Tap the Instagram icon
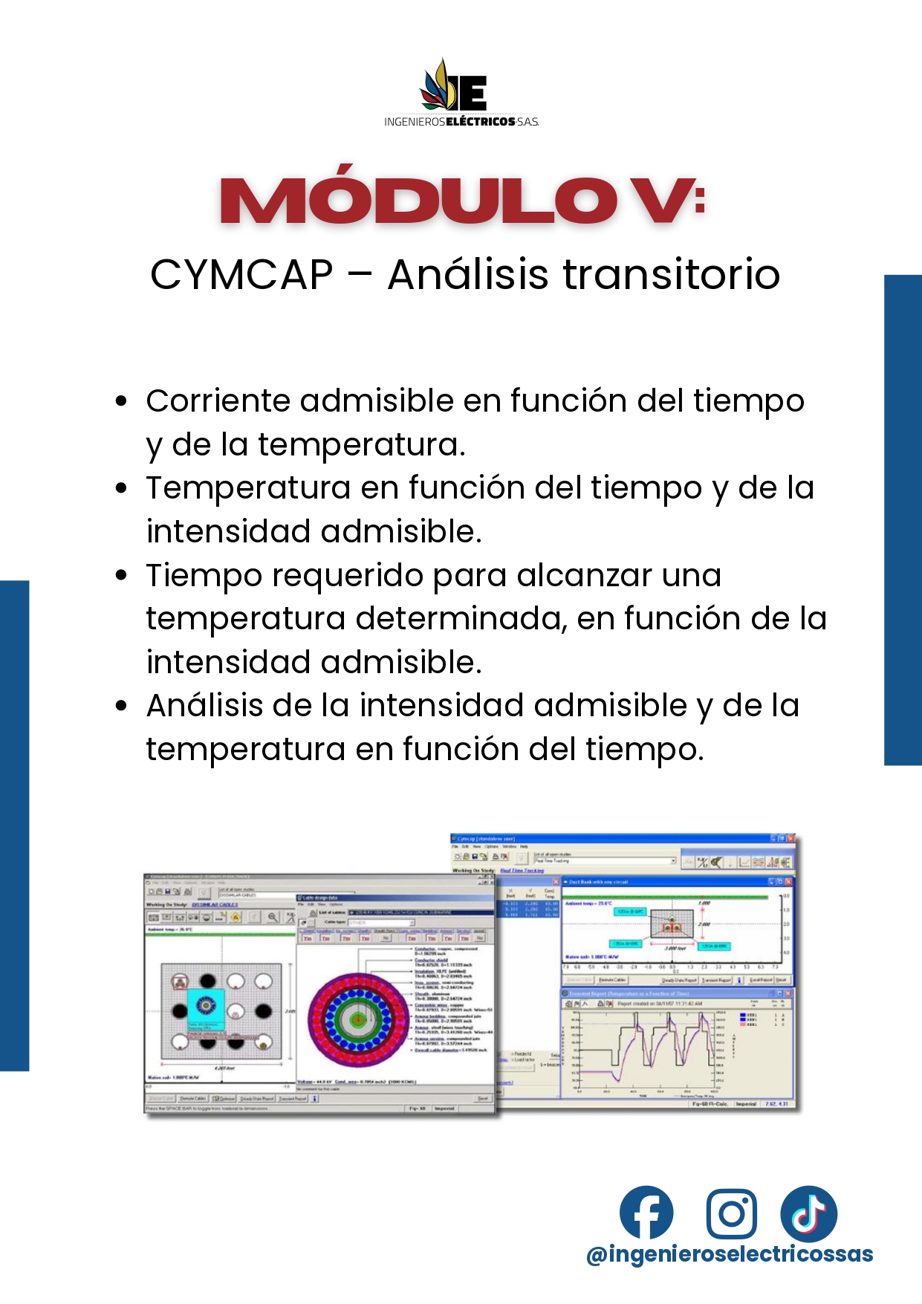click(731, 1213)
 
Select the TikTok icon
click(808, 1213)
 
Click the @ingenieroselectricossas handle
click(730, 1254)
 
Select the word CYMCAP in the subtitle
click(241, 274)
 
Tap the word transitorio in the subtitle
click(672, 274)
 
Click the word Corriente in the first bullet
click(217, 401)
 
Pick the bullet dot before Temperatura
click(122, 488)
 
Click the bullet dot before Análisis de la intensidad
click(122, 706)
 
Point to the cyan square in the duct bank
click(205, 1008)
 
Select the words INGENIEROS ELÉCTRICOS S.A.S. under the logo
click(461, 121)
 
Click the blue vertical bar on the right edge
click(903, 520)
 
